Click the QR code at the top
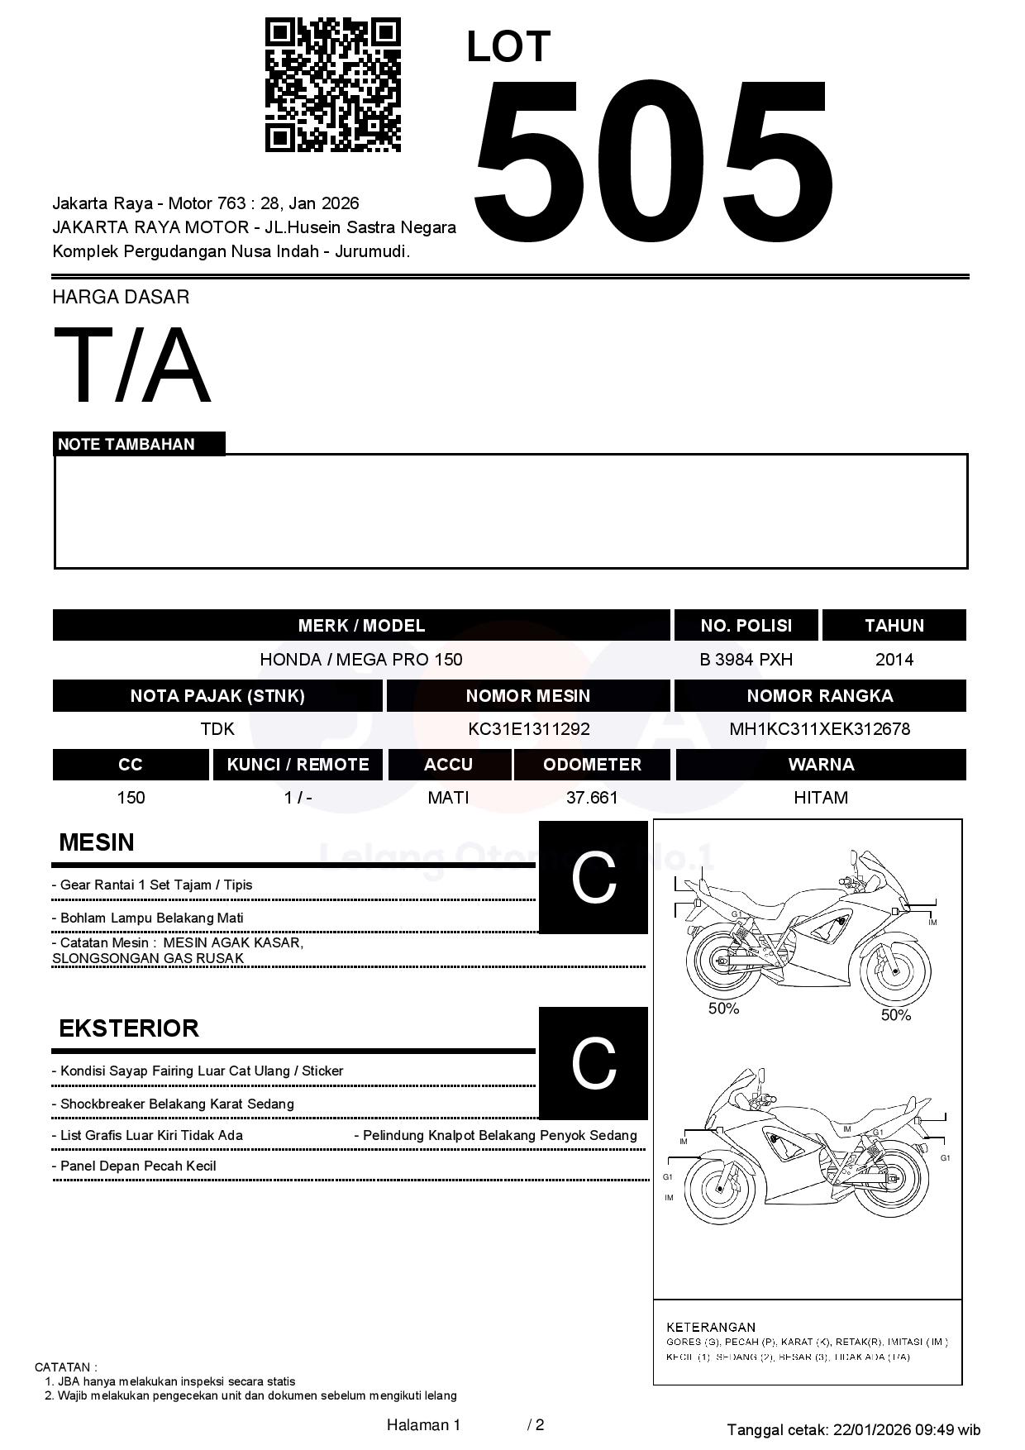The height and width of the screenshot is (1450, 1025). pyautogui.click(x=332, y=85)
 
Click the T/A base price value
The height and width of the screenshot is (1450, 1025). pyautogui.click(x=132, y=365)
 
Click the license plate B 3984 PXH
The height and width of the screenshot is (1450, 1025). pyautogui.click(x=746, y=660)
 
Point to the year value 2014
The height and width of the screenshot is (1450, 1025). pyautogui.click(x=894, y=660)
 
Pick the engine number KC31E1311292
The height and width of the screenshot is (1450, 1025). pyautogui.click(x=528, y=729)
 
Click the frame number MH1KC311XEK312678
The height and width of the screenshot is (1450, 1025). pyautogui.click(x=819, y=729)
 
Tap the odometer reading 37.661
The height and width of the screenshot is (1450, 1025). pyautogui.click(x=592, y=798)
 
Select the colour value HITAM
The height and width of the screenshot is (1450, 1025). pyautogui.click(x=820, y=798)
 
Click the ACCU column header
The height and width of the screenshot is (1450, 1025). pyautogui.click(x=449, y=765)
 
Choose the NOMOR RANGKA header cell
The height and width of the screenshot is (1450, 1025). pyautogui.click(x=819, y=696)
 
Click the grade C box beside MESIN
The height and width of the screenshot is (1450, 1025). pyautogui.click(x=593, y=877)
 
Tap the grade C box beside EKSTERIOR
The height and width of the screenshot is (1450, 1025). pyautogui.click(x=593, y=1063)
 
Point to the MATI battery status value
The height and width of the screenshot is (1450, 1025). pyautogui.click(x=448, y=798)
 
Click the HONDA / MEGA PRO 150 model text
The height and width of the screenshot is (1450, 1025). pyautogui.click(x=361, y=660)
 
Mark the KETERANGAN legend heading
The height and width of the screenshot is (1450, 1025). pyautogui.click(x=711, y=1327)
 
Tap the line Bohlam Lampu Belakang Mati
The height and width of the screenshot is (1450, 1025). pyautogui.click(x=151, y=918)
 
